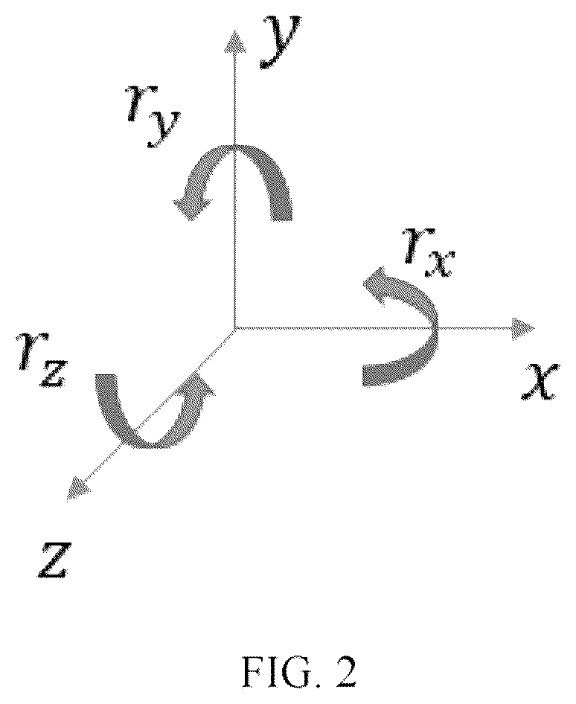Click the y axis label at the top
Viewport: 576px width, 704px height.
coord(280,42)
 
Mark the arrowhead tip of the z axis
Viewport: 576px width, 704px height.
coord(67,499)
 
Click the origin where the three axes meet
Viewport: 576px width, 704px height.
coord(234,328)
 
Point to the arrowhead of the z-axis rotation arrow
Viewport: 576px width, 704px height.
coord(201,386)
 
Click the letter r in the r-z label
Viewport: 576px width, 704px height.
coord(28,351)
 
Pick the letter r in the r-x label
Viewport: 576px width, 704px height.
coord(415,245)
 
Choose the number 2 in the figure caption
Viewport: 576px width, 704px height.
coord(345,672)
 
